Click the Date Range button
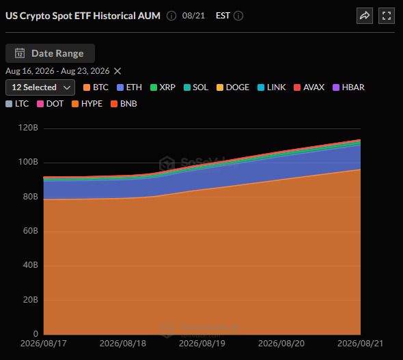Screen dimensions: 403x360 pyautogui.click(x=50, y=53)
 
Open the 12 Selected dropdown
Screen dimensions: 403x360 pyautogui.click(x=40, y=87)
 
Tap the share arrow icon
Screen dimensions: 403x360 pyautogui.click(x=365, y=16)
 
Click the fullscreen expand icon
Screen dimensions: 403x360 pyautogui.click(x=387, y=16)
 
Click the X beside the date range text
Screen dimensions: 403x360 pyautogui.click(x=117, y=71)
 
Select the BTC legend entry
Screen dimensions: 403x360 pyautogui.click(x=96, y=87)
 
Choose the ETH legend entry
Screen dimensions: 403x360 pyautogui.click(x=129, y=87)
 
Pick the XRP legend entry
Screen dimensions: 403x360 pyautogui.click(x=163, y=87)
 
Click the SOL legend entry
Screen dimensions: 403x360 pyautogui.click(x=196, y=87)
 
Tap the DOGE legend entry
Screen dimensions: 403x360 pyautogui.click(x=233, y=87)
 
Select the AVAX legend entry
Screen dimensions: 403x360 pyautogui.click(x=309, y=87)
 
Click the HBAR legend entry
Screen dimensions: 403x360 pyautogui.click(x=348, y=87)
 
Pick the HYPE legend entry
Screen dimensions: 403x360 pyautogui.click(x=87, y=104)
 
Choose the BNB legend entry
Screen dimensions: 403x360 pyautogui.click(x=124, y=104)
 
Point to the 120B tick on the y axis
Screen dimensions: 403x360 pyautogui.click(x=28, y=128)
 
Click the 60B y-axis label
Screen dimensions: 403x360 pyautogui.click(x=30, y=231)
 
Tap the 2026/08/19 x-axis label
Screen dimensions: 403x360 pyautogui.click(x=202, y=344)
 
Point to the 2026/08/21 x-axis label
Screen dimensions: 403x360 pyautogui.click(x=361, y=344)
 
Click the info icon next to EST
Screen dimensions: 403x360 pyautogui.click(x=238, y=16)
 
